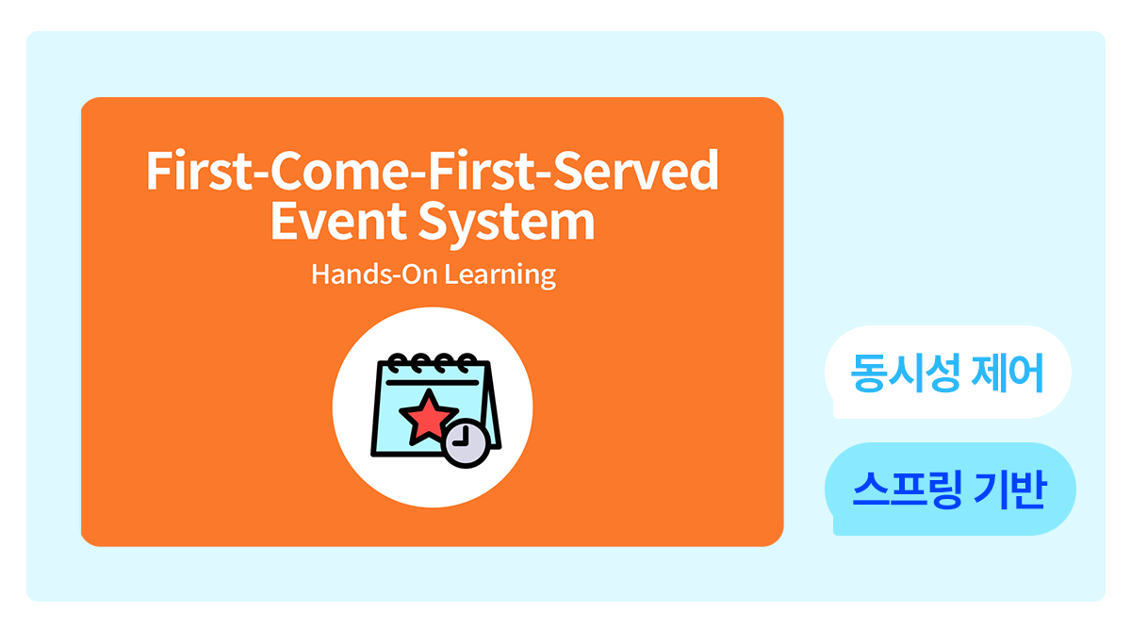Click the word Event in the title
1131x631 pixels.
pos(338,221)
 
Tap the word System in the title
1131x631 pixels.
pos(507,224)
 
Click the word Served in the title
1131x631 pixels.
pos(636,171)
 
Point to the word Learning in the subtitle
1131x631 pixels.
pos(500,275)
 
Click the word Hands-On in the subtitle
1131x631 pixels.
pos(374,274)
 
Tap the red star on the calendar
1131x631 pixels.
pos(428,417)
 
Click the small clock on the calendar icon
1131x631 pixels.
pos(466,443)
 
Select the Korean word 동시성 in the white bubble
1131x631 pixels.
pos(906,373)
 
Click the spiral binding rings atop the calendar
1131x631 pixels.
pos(434,362)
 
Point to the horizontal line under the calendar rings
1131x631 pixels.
pos(433,383)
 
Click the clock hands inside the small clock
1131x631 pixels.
pos(462,439)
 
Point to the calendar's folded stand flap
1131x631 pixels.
pos(491,405)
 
